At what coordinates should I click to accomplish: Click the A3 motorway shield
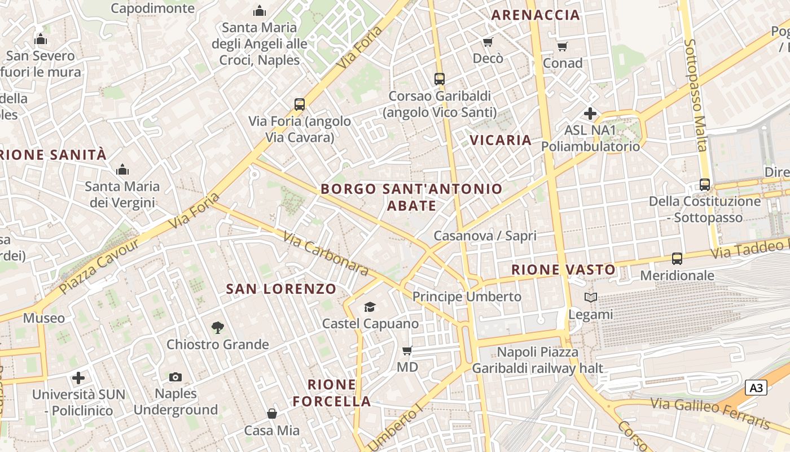pyautogui.click(x=757, y=388)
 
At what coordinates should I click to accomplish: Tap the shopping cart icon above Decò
pyautogui.click(x=488, y=42)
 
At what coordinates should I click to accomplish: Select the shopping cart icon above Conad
pyautogui.click(x=562, y=46)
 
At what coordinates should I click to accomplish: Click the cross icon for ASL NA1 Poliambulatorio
pyautogui.click(x=590, y=114)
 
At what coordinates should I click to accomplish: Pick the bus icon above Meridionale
pyautogui.click(x=677, y=259)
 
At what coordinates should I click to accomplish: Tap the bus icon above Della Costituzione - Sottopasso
pyautogui.click(x=704, y=185)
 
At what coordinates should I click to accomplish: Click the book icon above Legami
pyautogui.click(x=591, y=297)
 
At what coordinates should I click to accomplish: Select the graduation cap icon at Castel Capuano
pyautogui.click(x=370, y=307)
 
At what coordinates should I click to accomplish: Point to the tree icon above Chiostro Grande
pyautogui.click(x=217, y=327)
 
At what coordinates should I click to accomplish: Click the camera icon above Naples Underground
pyautogui.click(x=175, y=377)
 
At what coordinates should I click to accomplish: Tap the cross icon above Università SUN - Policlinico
pyautogui.click(x=79, y=377)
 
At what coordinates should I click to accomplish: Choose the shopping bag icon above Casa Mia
pyautogui.click(x=272, y=414)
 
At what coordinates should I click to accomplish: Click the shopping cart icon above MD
pyautogui.click(x=407, y=350)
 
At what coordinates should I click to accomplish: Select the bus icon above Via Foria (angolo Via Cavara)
pyautogui.click(x=300, y=105)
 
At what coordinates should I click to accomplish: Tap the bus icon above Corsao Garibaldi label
pyautogui.click(x=440, y=79)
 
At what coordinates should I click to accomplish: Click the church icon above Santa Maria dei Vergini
pyautogui.click(x=122, y=169)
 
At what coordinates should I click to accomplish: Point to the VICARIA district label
pyautogui.click(x=501, y=140)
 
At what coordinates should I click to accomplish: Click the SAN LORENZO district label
pyautogui.click(x=281, y=289)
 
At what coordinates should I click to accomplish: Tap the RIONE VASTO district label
pyautogui.click(x=563, y=270)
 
